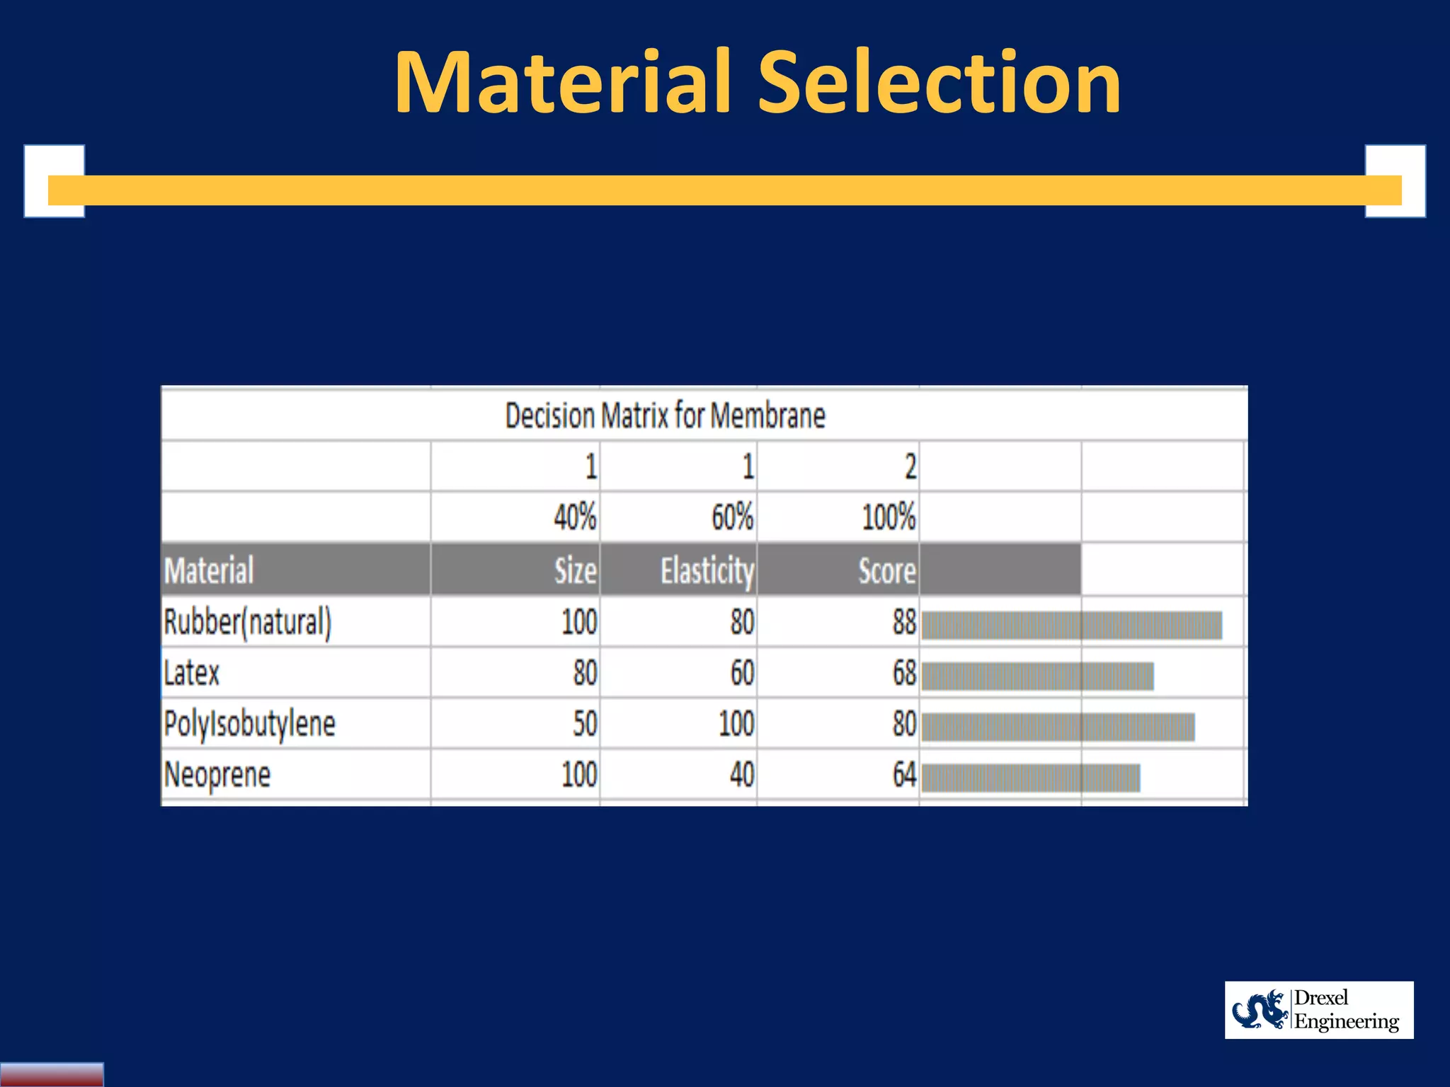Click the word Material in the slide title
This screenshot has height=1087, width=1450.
coord(562,83)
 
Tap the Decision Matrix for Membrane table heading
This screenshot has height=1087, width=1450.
coord(665,415)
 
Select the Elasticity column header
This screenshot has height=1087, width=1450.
coord(707,570)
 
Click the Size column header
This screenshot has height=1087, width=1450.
coord(575,570)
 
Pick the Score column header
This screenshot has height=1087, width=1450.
coord(886,570)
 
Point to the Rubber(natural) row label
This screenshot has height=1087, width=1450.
coord(247,622)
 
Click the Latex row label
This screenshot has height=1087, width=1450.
coord(192,673)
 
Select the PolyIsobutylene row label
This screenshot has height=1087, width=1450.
coord(249,724)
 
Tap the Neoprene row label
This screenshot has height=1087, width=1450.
coord(217,775)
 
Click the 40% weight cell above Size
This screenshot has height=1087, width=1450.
coord(574,517)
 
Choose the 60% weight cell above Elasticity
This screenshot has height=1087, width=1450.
coord(732,517)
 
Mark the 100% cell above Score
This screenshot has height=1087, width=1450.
coord(889,517)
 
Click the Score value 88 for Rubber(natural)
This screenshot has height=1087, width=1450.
coord(904,622)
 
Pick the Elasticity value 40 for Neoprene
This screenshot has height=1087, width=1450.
coord(742,775)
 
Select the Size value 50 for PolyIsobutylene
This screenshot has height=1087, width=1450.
coord(585,724)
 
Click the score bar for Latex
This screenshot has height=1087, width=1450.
coord(1037,676)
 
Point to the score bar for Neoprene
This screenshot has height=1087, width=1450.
coord(1030,778)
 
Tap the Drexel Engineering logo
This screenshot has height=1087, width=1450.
coord(1318,1010)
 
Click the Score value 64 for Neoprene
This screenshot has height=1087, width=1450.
coord(904,775)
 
